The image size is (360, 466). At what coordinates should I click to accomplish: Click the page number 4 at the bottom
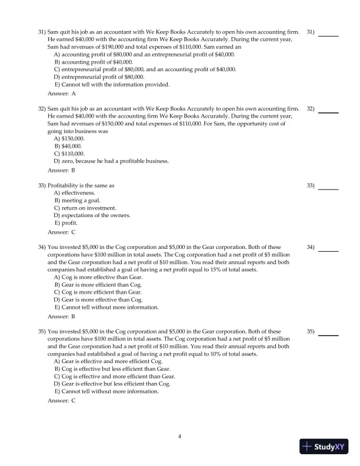(180, 436)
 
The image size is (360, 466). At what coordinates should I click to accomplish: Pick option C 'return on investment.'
(86, 208)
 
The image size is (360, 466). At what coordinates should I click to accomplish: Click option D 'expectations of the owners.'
(92, 216)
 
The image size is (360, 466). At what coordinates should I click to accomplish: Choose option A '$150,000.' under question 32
(72, 138)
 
